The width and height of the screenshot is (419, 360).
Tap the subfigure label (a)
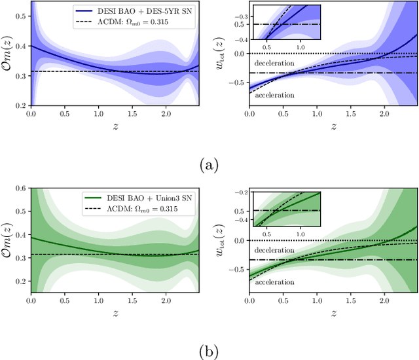[x=209, y=164]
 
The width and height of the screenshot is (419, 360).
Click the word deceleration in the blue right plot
[x=274, y=65]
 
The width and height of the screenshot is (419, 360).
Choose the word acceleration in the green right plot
[x=274, y=282]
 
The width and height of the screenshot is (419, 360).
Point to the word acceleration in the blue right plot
[x=274, y=95]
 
